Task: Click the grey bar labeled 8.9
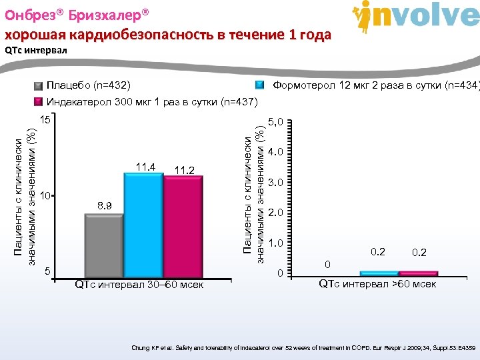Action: (104, 244)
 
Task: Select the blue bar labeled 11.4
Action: (143, 223)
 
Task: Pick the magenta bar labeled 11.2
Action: (183, 225)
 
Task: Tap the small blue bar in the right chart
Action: (379, 273)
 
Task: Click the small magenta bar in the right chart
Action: (419, 273)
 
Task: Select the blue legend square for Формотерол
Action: (261, 86)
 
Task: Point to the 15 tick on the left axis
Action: (45, 121)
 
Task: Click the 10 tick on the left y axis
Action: (45, 196)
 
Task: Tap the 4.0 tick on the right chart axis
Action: (275, 152)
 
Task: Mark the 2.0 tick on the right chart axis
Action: (275, 213)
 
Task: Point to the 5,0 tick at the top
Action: (275, 122)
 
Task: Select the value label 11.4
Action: (145, 166)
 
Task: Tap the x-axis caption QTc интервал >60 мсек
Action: (377, 285)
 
